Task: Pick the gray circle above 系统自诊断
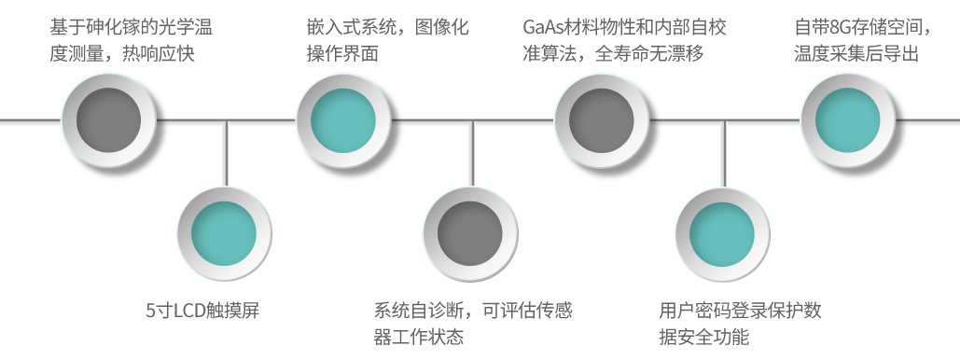click(471, 231)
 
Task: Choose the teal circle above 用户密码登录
click(721, 231)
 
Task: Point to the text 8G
click(840, 28)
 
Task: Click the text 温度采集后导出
click(856, 54)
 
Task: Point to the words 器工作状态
click(418, 337)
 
